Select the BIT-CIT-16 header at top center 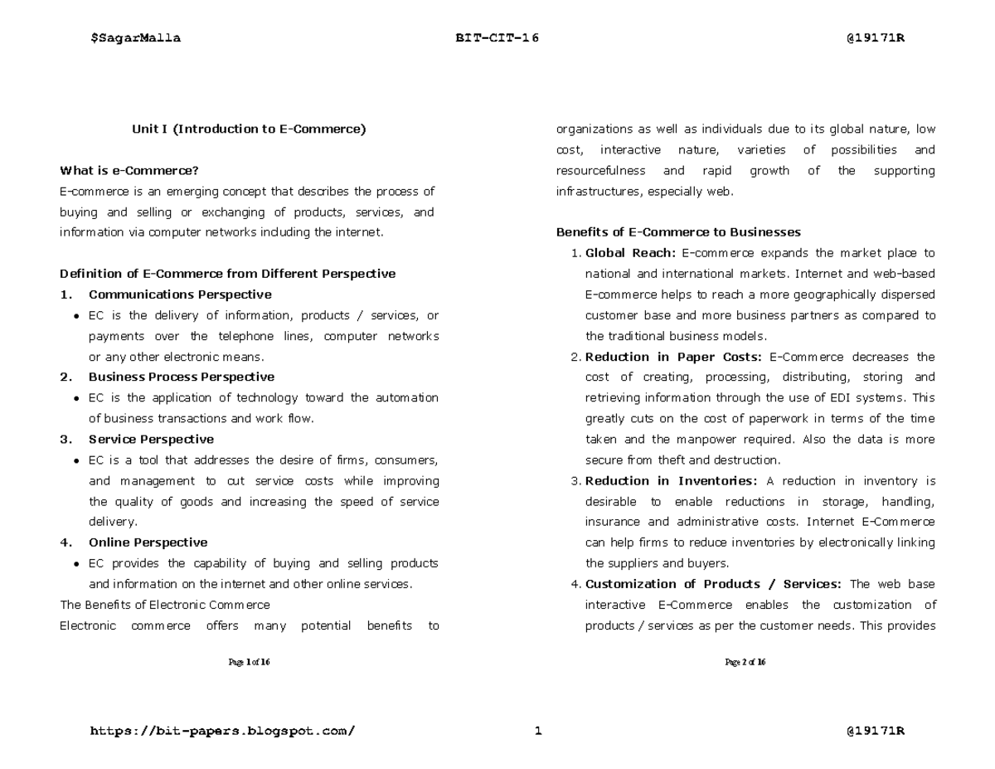[497, 38]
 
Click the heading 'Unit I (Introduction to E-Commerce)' [249, 129]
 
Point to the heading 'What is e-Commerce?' [129, 171]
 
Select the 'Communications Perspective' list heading [180, 294]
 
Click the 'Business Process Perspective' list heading [182, 377]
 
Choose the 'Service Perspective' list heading [151, 439]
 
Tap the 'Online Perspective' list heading [148, 543]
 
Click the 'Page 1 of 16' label [249, 662]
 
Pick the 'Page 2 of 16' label [745, 662]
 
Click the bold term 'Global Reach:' [630, 253]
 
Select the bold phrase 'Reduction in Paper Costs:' [673, 357]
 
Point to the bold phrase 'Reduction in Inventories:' [671, 480]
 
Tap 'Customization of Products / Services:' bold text [714, 584]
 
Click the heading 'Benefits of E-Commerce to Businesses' [678, 232]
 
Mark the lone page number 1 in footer [538, 731]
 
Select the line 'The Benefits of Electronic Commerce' [165, 605]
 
